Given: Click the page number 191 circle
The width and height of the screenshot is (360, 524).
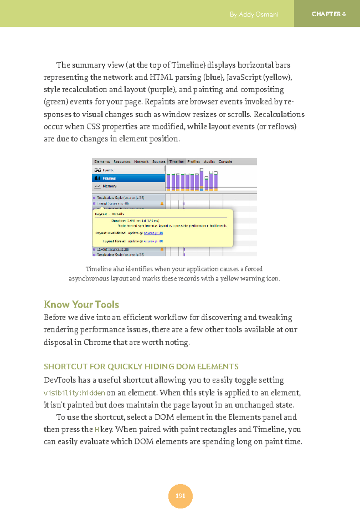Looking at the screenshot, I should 180,496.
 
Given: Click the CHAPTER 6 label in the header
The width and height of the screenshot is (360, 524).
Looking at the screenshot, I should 328,14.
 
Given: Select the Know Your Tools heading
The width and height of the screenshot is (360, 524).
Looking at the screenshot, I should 81,304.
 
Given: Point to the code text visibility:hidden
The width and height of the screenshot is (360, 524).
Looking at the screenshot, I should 74,393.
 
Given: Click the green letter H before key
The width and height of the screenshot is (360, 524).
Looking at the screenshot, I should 97,430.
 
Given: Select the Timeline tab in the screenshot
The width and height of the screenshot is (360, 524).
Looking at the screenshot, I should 176,162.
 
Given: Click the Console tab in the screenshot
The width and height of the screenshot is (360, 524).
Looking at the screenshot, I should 225,162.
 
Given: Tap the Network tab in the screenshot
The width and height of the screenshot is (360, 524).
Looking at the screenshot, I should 141,162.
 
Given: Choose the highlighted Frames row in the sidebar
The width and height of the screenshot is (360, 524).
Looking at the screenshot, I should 128,178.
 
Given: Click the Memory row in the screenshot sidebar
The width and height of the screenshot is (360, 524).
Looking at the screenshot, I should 109,186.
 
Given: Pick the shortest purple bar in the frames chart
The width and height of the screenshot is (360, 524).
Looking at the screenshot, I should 206,184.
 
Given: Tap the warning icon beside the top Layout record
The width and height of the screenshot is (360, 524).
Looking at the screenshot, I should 162,204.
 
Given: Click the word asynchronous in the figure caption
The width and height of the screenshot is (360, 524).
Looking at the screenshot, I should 89,278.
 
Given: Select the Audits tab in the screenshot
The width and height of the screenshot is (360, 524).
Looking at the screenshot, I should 209,162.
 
